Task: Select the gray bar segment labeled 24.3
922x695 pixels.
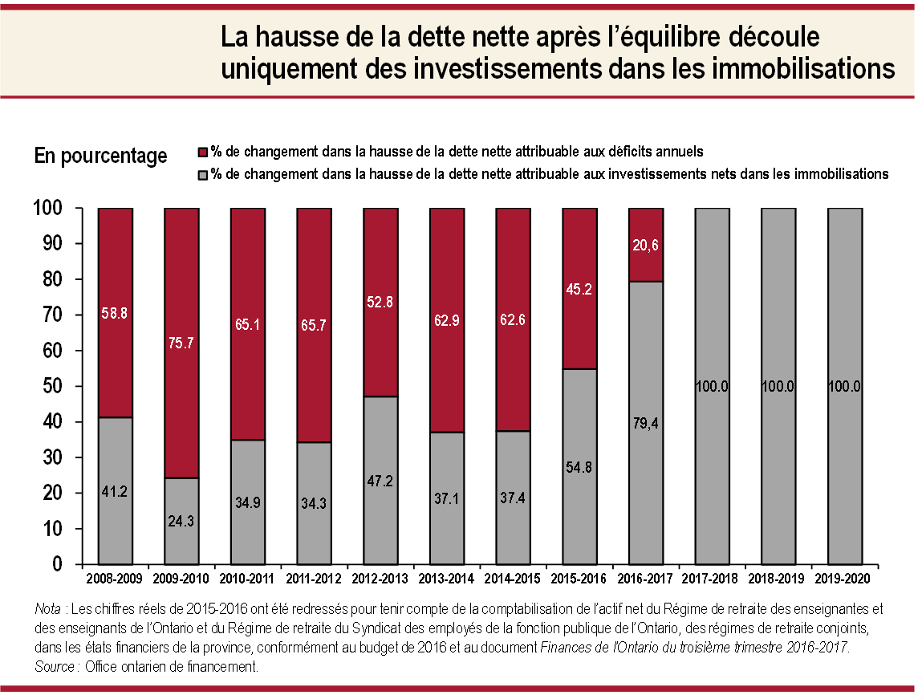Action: click(181, 521)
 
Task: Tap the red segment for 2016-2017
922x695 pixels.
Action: click(646, 244)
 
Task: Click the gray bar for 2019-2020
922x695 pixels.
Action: click(845, 386)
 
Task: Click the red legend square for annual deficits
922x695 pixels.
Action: click(204, 151)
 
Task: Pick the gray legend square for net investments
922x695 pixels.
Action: click(204, 174)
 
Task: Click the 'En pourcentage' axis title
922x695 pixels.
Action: click(100, 156)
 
